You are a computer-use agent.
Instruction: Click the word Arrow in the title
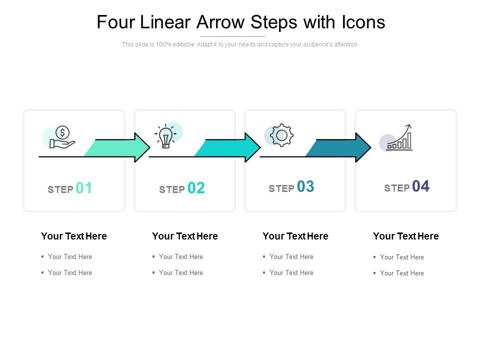click(x=220, y=22)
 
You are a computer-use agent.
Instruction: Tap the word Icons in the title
click(x=363, y=22)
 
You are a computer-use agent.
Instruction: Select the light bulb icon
click(x=165, y=136)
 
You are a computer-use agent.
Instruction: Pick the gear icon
click(x=281, y=135)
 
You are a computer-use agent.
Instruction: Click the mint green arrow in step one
click(x=117, y=147)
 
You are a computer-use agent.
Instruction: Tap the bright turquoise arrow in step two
click(x=227, y=147)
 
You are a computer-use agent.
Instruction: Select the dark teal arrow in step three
click(x=338, y=147)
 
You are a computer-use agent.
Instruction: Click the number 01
click(x=83, y=188)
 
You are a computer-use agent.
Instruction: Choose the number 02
click(x=196, y=188)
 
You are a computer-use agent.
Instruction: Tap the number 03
click(x=305, y=186)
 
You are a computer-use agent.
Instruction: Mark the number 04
click(x=420, y=186)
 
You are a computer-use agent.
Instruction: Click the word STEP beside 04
click(x=396, y=188)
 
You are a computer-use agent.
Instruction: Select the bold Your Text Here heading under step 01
click(x=74, y=236)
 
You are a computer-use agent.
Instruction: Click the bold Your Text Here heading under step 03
click(x=295, y=236)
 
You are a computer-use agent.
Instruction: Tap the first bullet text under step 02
click(x=181, y=257)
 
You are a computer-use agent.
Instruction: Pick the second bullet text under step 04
click(x=402, y=273)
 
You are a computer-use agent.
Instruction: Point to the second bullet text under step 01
click(x=70, y=273)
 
